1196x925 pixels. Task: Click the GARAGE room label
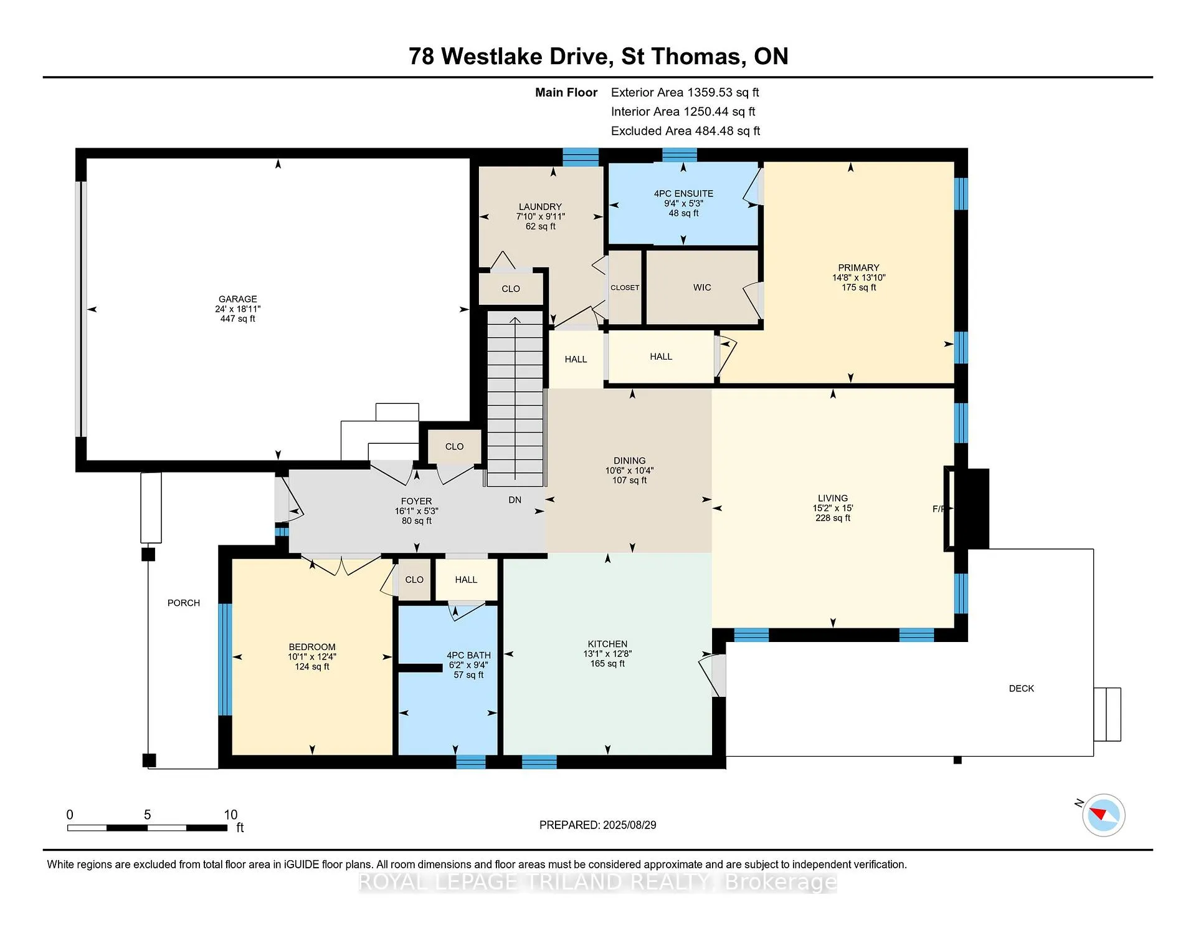coord(238,299)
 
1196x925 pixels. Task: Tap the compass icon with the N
coord(1103,815)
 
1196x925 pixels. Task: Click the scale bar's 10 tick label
coord(230,815)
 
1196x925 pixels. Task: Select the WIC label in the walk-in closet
coord(702,287)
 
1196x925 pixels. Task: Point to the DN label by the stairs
coord(515,500)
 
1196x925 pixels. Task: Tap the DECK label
coord(1022,688)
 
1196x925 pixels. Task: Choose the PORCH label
coord(184,603)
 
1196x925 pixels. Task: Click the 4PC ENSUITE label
coord(683,194)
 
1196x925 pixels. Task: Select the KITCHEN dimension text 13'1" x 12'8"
coord(607,654)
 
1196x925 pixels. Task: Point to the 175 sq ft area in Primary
coord(859,287)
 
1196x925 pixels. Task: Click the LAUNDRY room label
coord(540,207)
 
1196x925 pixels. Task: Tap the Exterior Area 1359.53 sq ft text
coord(685,92)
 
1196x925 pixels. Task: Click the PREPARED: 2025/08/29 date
coord(598,825)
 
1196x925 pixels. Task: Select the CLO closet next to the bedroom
coord(414,580)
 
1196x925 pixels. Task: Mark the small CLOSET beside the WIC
coord(625,287)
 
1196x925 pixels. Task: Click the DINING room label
coord(630,461)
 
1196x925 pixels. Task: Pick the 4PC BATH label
coord(468,655)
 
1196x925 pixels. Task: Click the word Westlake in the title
coord(524,56)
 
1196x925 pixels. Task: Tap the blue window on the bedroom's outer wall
coord(225,659)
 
